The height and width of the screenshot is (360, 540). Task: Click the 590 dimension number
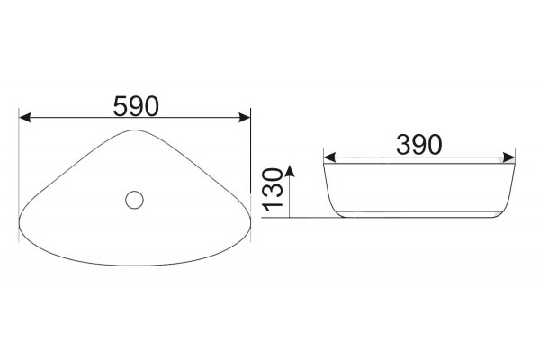tap(137, 106)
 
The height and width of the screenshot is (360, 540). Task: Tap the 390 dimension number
tap(418, 144)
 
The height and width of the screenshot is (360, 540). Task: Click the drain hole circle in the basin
tap(134, 200)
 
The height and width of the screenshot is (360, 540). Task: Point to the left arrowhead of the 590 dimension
tap(25, 118)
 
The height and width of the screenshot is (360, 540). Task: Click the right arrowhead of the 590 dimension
tap(244, 118)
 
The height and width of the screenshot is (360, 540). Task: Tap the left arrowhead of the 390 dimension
tap(329, 157)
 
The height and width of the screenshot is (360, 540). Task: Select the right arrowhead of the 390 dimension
tap(508, 157)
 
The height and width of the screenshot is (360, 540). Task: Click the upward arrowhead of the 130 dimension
tap(290, 171)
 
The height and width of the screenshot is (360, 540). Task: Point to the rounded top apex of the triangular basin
tap(135, 130)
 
